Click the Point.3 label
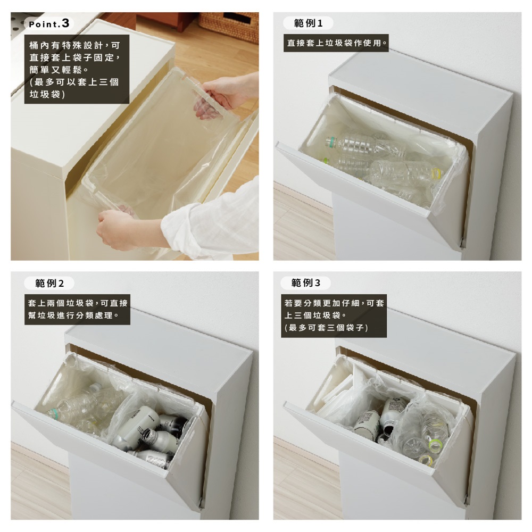(x=49, y=23)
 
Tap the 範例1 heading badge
(x=308, y=23)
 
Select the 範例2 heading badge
(x=49, y=284)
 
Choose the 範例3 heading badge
(x=306, y=282)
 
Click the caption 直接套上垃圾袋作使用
(x=336, y=43)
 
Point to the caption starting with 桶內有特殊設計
(x=77, y=69)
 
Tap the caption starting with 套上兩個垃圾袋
(x=77, y=309)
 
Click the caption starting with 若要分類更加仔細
(x=334, y=315)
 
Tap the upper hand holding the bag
(x=217, y=98)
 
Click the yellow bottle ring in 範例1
(x=438, y=174)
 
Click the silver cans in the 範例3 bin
(x=380, y=421)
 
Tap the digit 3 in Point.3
(x=65, y=23)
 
